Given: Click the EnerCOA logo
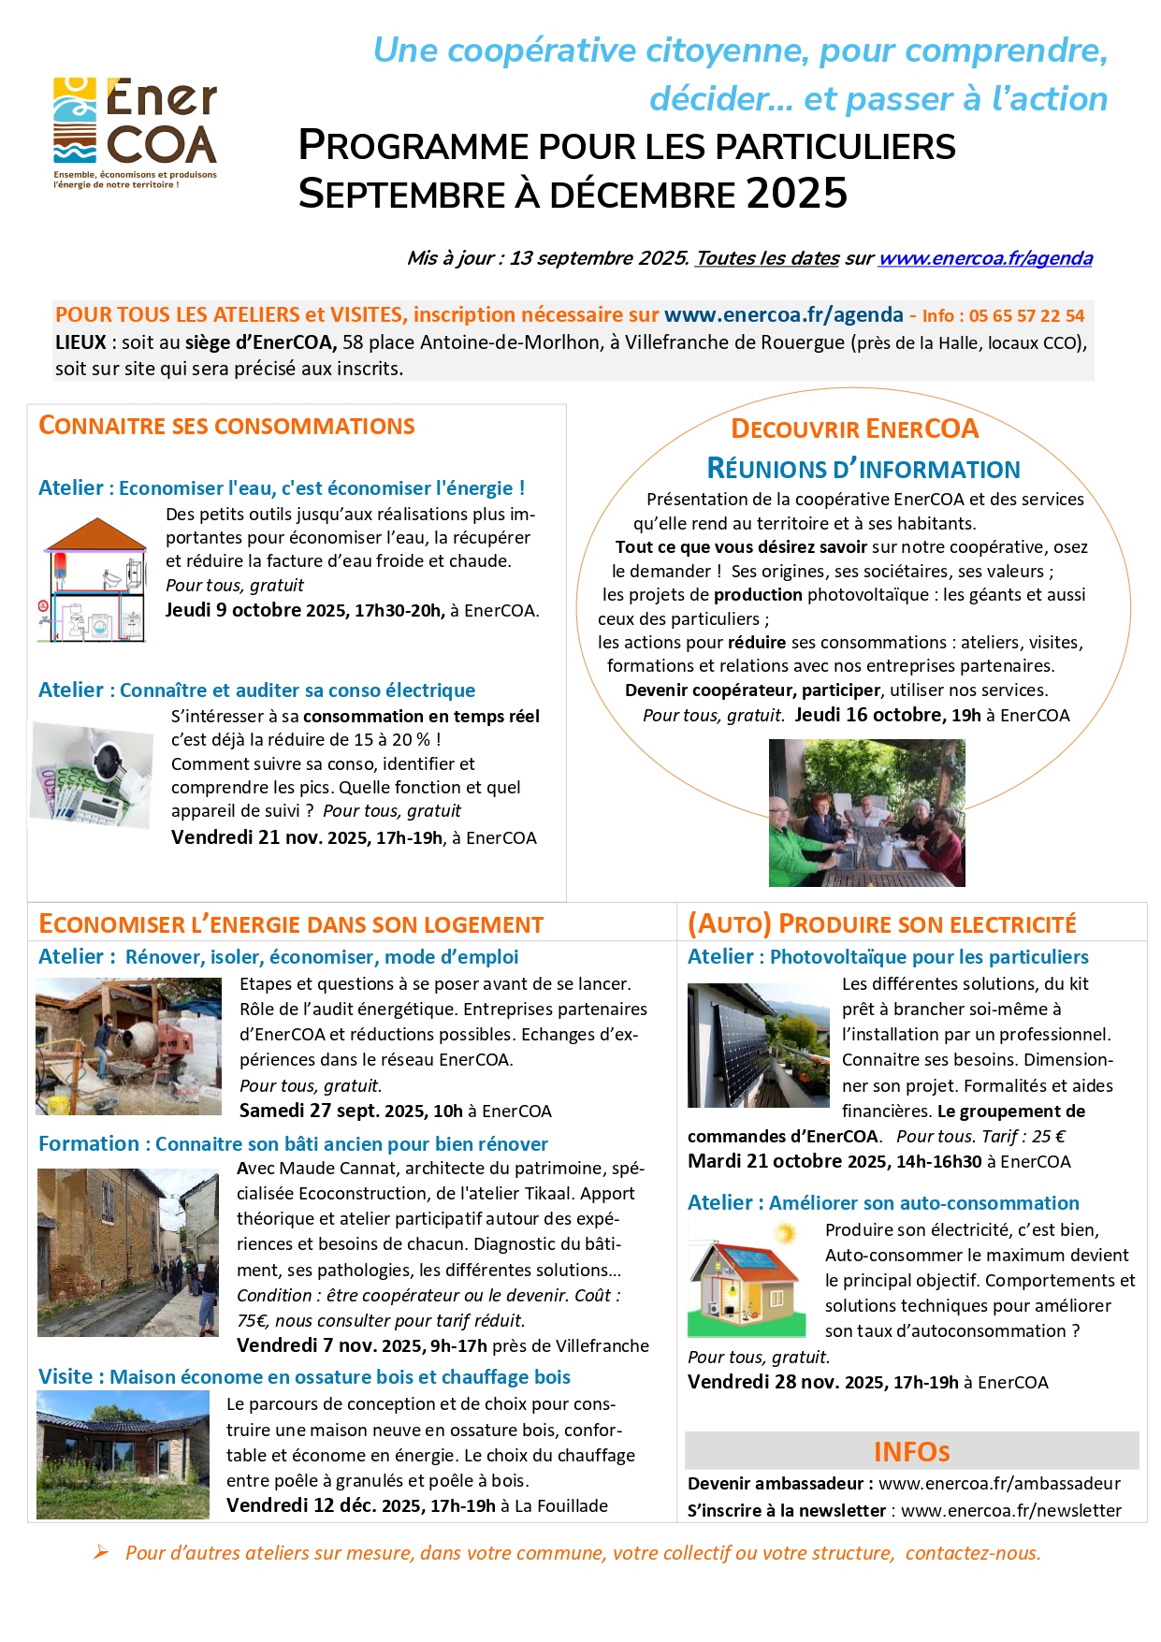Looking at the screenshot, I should click(135, 132).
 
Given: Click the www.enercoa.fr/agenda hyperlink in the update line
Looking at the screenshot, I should click(985, 258).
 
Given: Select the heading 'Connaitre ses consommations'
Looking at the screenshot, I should click(226, 426).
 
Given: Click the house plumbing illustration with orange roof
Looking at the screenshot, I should click(94, 580).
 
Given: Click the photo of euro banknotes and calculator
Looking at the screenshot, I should click(92, 776).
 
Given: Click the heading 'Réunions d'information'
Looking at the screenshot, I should click(863, 469).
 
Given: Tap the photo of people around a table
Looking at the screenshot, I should click(866, 813).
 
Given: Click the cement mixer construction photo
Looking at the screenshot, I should click(128, 1046).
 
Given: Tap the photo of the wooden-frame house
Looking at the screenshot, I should click(123, 1454).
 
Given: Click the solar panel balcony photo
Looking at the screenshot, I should click(758, 1045).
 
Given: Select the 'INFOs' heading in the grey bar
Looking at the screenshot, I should click(911, 1451).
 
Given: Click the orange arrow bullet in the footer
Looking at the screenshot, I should click(100, 1553).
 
